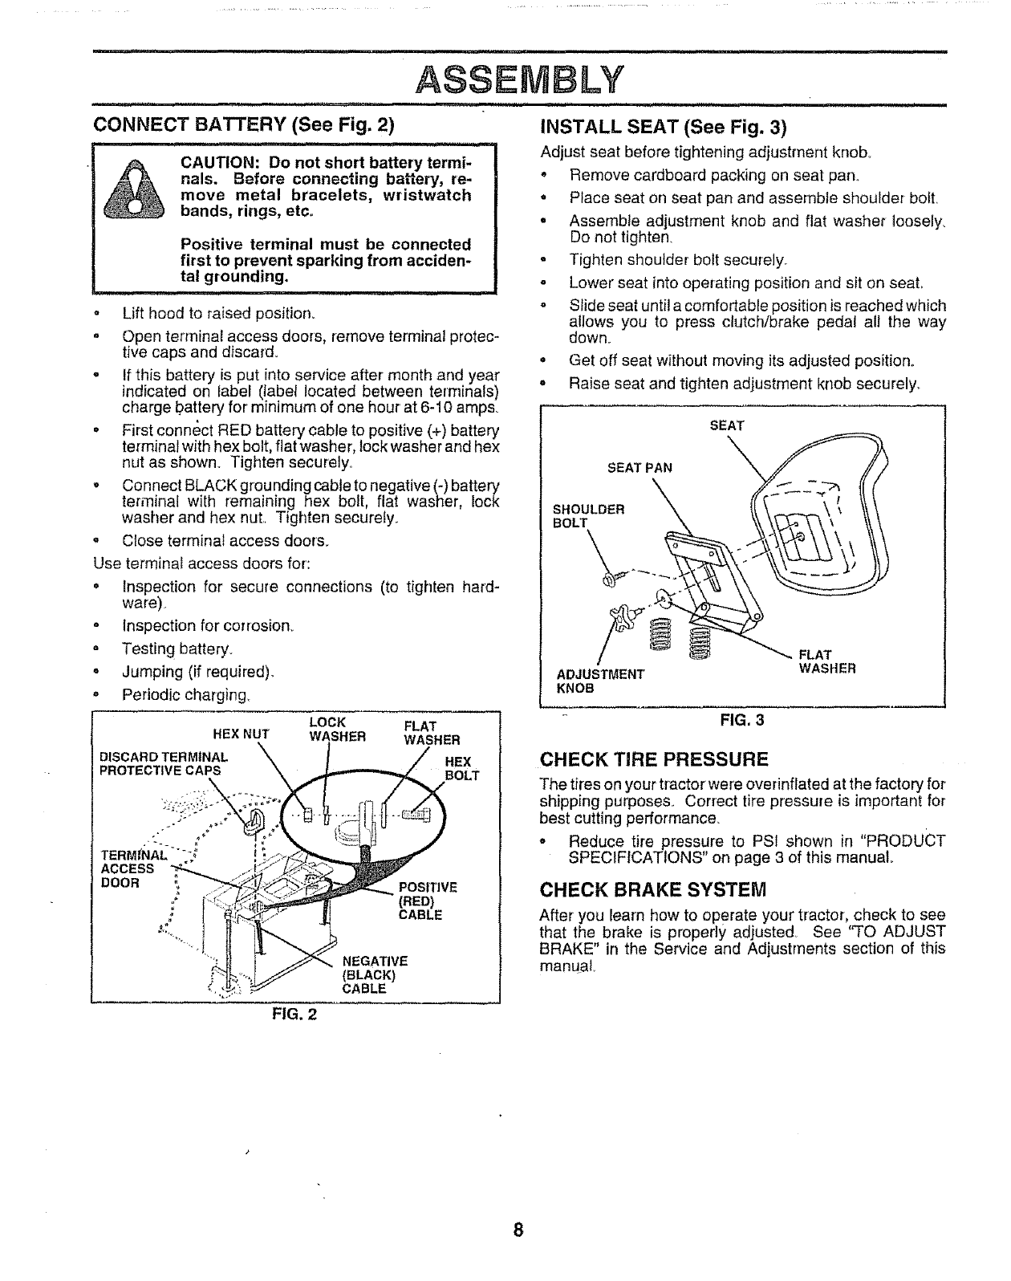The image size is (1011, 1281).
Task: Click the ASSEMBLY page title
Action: pyautogui.click(x=521, y=79)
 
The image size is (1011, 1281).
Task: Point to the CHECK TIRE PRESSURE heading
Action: pyautogui.click(x=654, y=759)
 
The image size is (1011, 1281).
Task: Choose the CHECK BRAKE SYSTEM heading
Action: pyautogui.click(x=653, y=889)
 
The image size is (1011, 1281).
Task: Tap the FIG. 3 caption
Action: pyautogui.click(x=742, y=720)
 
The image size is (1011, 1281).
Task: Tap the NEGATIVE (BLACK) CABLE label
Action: pyautogui.click(x=375, y=974)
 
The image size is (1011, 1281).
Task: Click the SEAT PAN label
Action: pyautogui.click(x=639, y=467)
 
